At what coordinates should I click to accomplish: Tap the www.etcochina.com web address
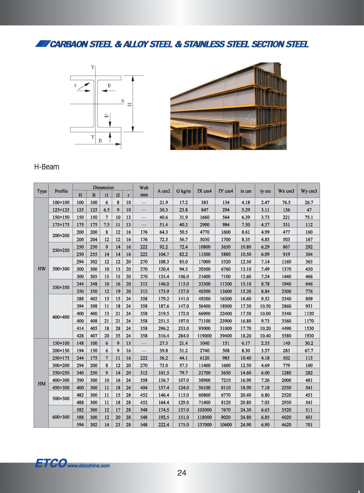pos(89,465)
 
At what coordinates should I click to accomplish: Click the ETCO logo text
pos(50,464)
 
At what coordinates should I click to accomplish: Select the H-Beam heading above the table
pos(47,166)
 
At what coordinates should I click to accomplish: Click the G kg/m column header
pos(183,191)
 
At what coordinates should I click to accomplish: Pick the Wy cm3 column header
pos(309,191)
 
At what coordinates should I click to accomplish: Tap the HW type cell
pos(42,269)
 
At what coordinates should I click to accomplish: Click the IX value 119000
pos(204,335)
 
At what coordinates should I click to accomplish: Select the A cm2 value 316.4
pos(163,335)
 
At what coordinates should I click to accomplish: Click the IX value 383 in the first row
pos(204,202)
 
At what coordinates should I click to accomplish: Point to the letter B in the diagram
pos(100,140)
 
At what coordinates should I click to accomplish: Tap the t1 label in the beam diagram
pos(110,85)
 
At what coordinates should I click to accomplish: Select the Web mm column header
pos(144,191)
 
